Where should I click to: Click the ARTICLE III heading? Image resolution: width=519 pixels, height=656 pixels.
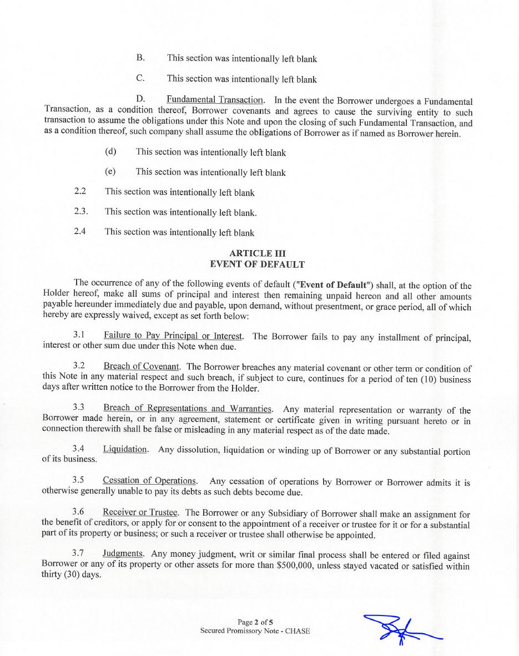pos(257,253)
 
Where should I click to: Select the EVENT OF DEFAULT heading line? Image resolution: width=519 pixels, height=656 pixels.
pos(257,265)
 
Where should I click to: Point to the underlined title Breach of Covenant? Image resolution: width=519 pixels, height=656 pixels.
pos(141,367)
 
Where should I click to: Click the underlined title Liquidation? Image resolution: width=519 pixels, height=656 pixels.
pos(125,449)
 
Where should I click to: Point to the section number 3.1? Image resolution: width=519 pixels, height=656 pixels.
pos(78,335)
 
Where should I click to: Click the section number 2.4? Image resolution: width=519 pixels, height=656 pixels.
pos(80,232)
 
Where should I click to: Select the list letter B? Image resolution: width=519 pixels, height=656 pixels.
pos(140,58)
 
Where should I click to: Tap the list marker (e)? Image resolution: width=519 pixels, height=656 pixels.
pos(110,172)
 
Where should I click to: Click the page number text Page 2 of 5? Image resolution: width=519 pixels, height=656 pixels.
pos(255,622)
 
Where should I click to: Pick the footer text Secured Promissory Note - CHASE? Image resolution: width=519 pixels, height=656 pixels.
pos(255,631)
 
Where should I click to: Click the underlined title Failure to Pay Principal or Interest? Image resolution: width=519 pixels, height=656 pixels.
pos(173,335)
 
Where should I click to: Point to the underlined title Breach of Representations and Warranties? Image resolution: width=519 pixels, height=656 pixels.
pos(188,409)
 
